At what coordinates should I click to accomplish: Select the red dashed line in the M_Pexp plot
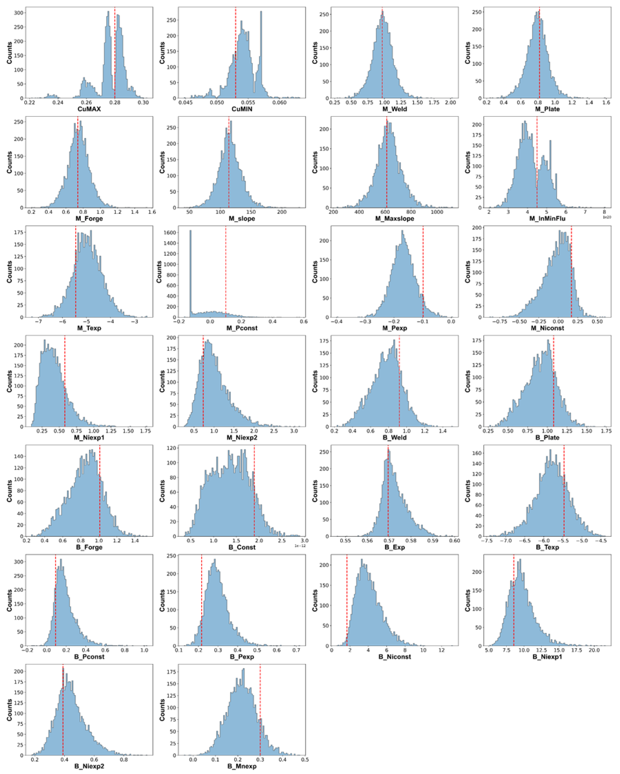(423, 273)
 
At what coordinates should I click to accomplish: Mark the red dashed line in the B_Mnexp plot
(260, 711)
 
